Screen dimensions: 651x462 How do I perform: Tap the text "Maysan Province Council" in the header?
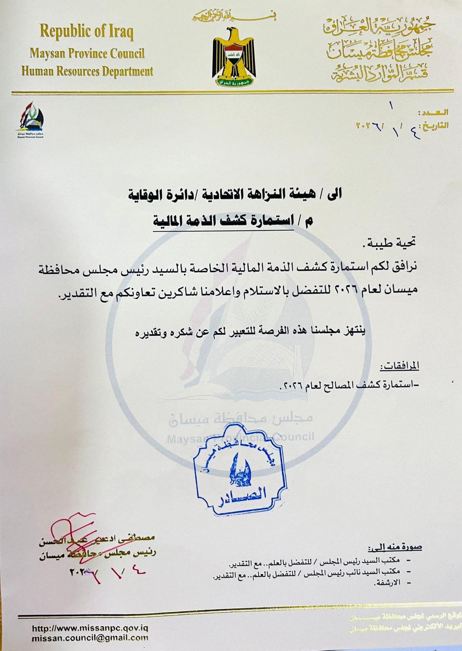[x=86, y=53]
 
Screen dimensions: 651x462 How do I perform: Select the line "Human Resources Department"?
[x=87, y=71]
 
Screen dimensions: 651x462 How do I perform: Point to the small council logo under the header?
[x=31, y=120]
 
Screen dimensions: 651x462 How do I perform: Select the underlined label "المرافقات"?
[x=400, y=367]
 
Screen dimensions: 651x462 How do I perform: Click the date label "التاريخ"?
[x=436, y=125]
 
